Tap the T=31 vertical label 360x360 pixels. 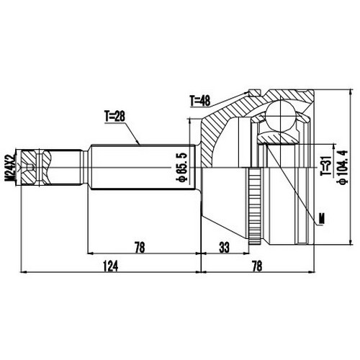click(x=325, y=167)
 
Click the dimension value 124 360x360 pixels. click(x=110, y=266)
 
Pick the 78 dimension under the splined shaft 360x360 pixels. click(x=140, y=248)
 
